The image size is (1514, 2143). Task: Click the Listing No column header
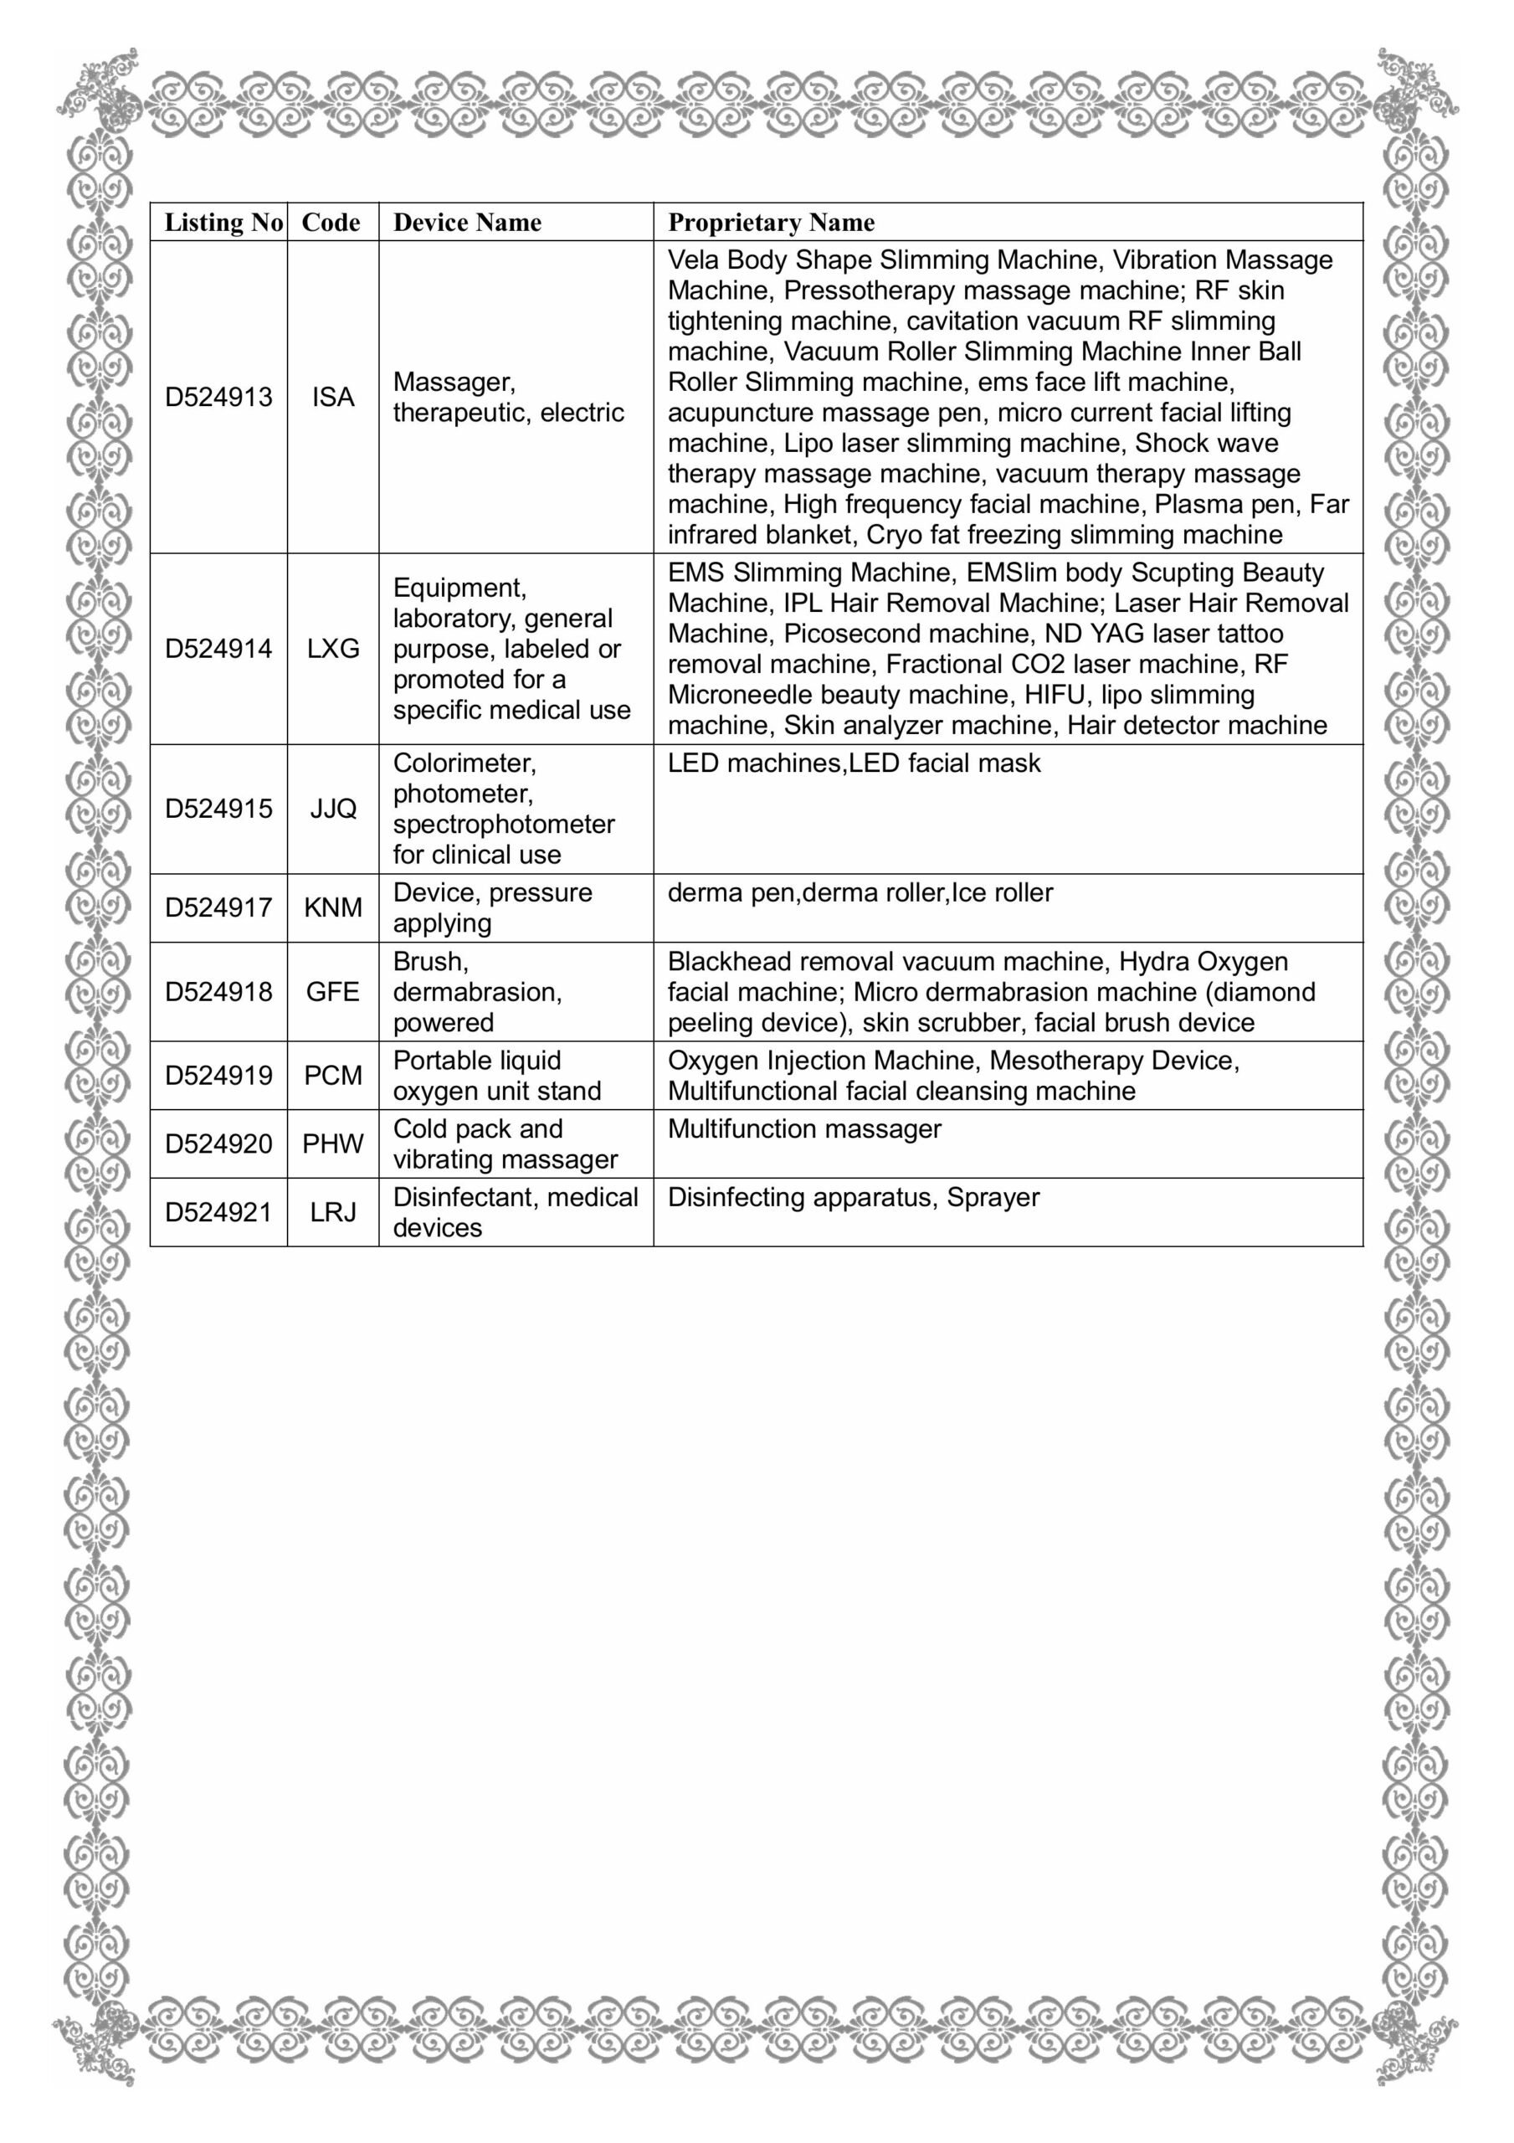[223, 222]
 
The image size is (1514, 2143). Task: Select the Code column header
[331, 222]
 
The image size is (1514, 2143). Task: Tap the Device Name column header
[467, 222]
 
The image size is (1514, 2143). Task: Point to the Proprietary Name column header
[771, 222]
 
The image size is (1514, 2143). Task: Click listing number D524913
[218, 397]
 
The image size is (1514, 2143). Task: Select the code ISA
[333, 397]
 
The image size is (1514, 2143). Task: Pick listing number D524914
[218, 649]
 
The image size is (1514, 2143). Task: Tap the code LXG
[333, 649]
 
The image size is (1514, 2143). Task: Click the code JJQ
[333, 809]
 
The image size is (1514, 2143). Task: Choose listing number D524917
[218, 907]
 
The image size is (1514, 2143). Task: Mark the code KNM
[333, 907]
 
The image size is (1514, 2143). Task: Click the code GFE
[333, 991]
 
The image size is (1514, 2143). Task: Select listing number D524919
[218, 1075]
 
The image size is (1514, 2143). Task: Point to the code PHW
[333, 1143]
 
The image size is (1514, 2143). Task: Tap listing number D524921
[218, 1212]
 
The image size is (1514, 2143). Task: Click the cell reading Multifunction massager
[804, 1129]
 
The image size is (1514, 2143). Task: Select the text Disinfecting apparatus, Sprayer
[853, 1198]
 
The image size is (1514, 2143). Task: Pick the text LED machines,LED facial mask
[853, 763]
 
